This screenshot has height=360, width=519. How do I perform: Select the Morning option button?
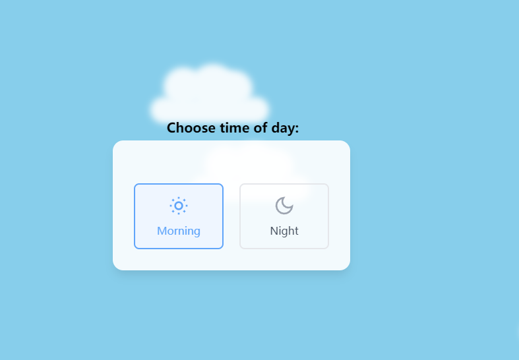tap(179, 216)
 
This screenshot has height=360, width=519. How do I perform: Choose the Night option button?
tap(284, 216)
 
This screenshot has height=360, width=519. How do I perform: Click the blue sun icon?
tap(179, 206)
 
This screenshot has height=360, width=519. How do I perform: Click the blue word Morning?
tap(179, 231)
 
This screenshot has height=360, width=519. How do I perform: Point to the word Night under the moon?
tap(284, 231)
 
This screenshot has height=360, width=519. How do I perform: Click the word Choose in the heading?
tap(191, 128)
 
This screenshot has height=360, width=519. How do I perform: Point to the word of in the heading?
tap(261, 128)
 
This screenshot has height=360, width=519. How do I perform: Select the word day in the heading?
tap(283, 129)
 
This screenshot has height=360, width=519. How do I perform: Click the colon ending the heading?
tap(297, 129)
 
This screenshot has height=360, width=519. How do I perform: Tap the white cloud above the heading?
tap(210, 94)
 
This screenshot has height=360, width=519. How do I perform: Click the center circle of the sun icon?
tap(179, 206)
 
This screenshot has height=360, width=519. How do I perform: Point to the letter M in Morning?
tap(162, 231)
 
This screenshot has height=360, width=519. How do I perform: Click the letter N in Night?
tap(274, 231)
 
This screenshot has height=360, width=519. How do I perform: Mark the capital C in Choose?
tap(171, 128)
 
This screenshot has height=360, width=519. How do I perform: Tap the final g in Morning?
tap(197, 232)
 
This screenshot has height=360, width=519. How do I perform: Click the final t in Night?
tap(296, 231)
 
